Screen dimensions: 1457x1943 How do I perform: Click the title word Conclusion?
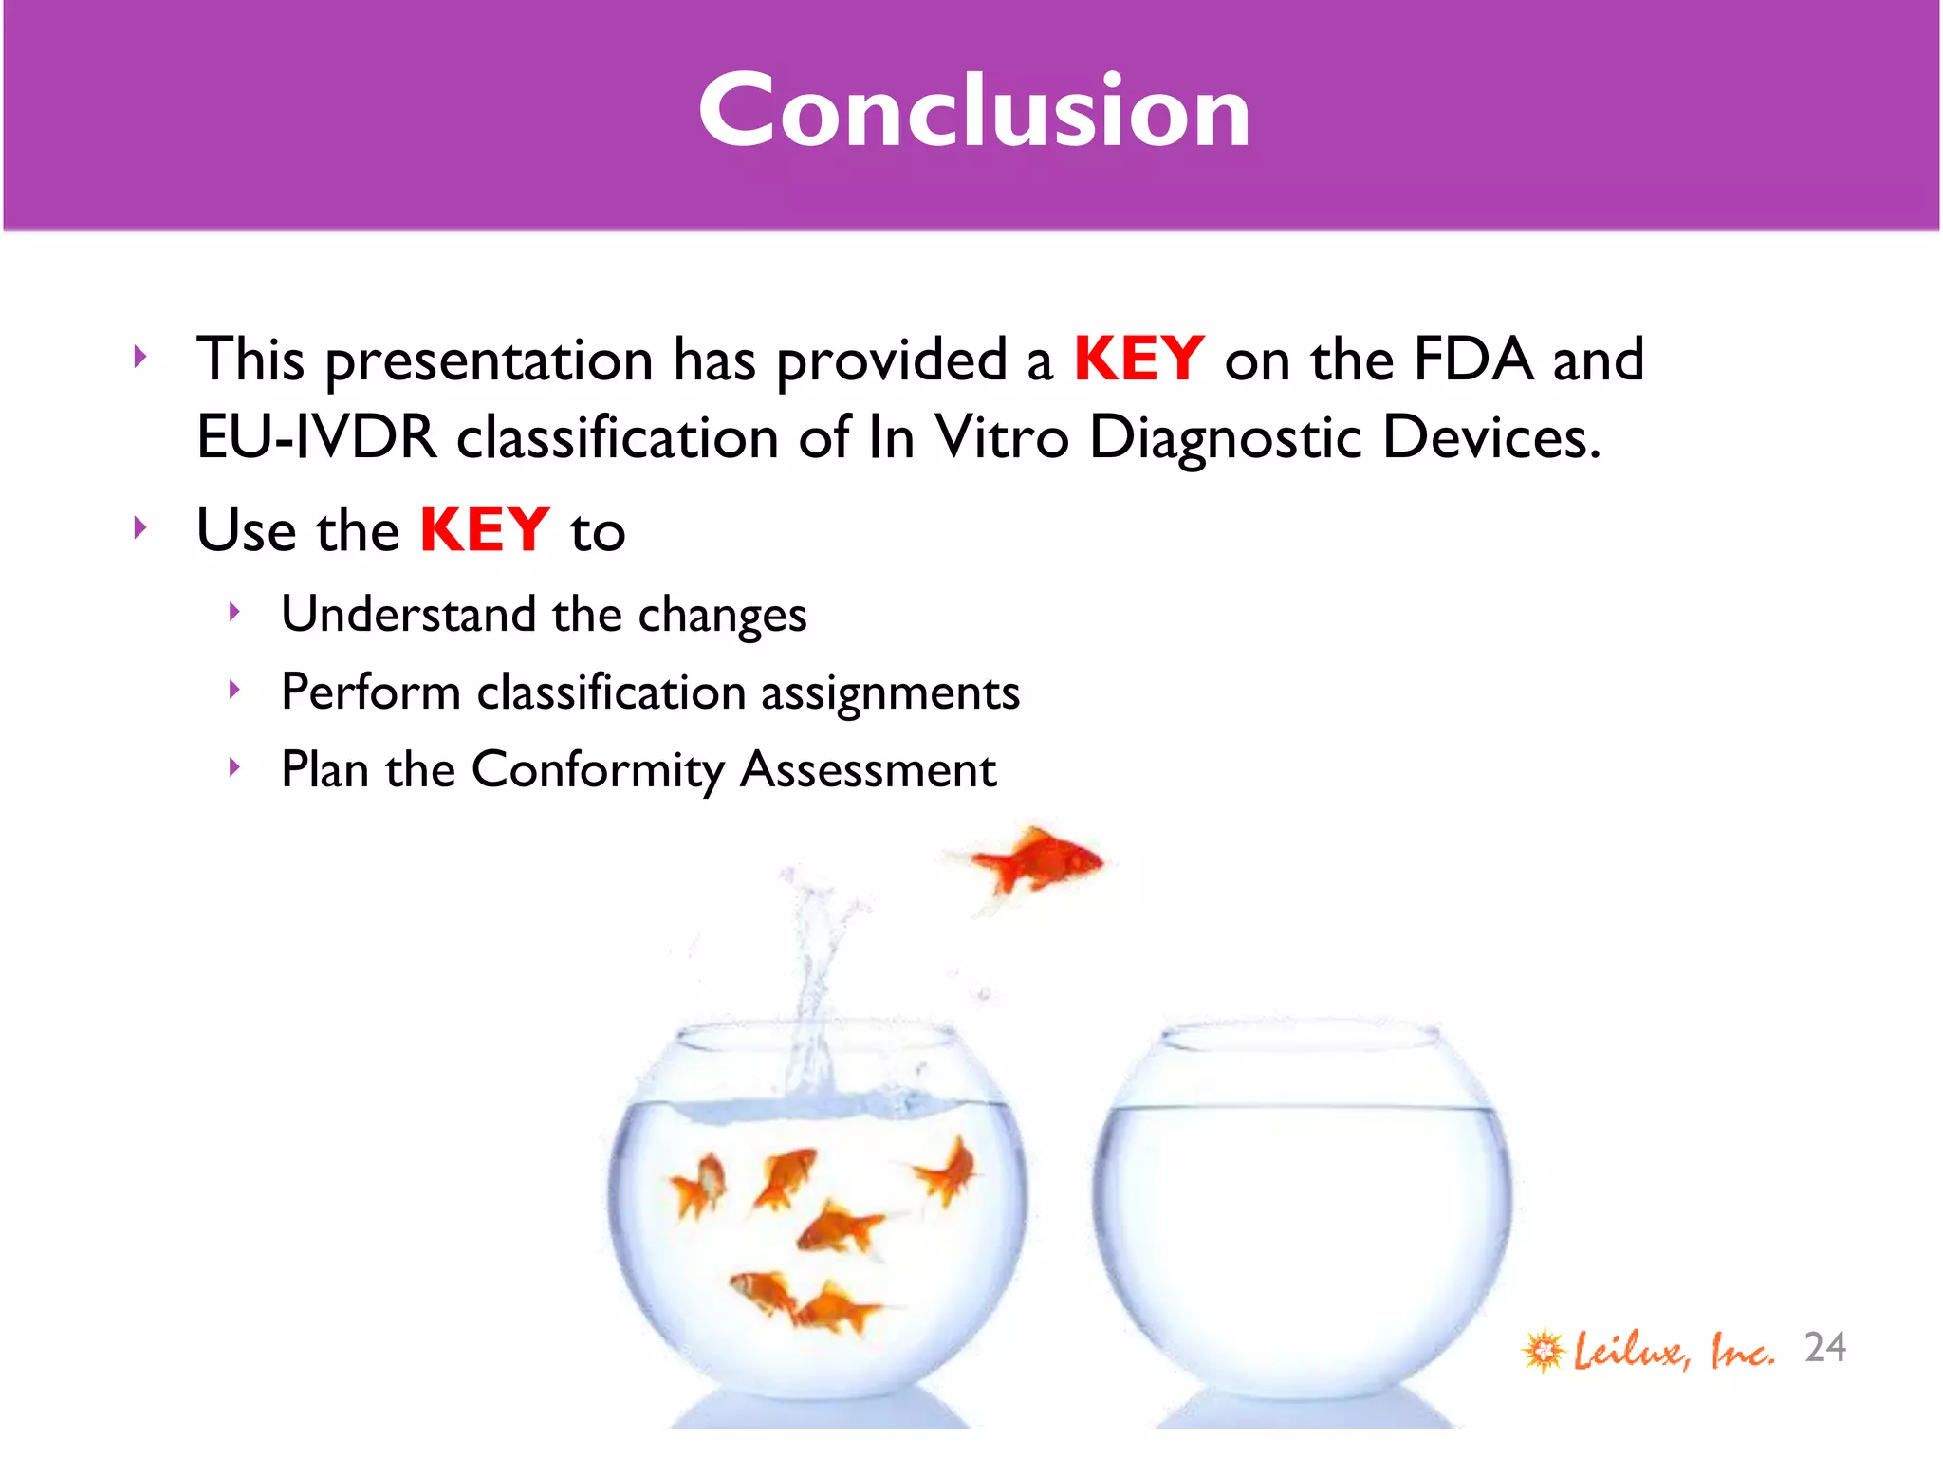pyautogui.click(x=974, y=112)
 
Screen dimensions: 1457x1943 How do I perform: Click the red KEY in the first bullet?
pyautogui.click(x=1138, y=360)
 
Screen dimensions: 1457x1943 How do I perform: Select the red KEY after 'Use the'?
pyautogui.click(x=484, y=530)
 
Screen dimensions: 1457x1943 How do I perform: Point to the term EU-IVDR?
pyautogui.click(x=316, y=438)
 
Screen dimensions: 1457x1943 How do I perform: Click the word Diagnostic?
pyautogui.click(x=1225, y=438)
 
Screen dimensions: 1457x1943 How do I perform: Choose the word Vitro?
pyautogui.click(x=1002, y=438)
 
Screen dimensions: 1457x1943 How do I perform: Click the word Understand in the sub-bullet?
pyautogui.click(x=408, y=615)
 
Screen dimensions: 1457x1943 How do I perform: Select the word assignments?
pyautogui.click(x=890, y=692)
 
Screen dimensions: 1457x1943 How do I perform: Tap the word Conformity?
pyautogui.click(x=598, y=770)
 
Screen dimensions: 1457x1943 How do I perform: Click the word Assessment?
pyautogui.click(x=868, y=770)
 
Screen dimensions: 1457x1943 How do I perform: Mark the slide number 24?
pyautogui.click(x=1824, y=1348)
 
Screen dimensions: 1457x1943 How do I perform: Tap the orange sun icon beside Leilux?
pyautogui.click(x=1544, y=1350)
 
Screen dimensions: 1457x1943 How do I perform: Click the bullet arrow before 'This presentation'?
pyautogui.click(x=140, y=358)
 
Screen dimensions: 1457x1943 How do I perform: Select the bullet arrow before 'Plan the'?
pyautogui.click(x=234, y=766)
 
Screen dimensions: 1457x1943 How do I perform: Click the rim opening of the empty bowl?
pyautogui.click(x=1301, y=1038)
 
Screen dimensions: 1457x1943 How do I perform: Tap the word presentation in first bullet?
pyautogui.click(x=490, y=362)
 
